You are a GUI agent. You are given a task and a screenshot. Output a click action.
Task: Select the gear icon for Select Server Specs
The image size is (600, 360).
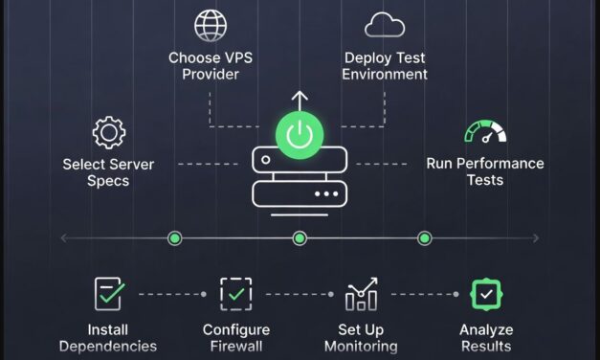[108, 132]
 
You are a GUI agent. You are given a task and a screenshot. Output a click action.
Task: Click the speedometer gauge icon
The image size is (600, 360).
[484, 132]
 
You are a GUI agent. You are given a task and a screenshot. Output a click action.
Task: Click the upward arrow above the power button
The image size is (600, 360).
[300, 100]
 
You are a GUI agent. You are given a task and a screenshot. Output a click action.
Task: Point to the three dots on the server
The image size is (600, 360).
[326, 192]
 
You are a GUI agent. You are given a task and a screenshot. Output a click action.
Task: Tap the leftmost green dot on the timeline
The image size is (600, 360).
[174, 237]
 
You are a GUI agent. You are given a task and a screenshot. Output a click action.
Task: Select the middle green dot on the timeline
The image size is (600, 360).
[300, 237]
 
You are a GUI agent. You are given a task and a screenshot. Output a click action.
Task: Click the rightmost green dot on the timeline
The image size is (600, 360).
[425, 237]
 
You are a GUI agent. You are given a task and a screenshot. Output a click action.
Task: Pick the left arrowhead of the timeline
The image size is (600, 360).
[63, 237]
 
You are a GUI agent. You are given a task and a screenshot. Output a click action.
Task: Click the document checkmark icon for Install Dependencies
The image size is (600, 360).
[108, 294]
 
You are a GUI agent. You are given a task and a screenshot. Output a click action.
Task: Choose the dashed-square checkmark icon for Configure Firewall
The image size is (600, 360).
[234, 294]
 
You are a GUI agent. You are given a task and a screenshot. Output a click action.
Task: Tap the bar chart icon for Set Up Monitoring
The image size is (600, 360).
[361, 294]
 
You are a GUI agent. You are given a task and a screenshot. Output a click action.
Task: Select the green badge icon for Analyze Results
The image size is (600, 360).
[485, 294]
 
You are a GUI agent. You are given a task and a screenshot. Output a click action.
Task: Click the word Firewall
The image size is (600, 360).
[235, 347]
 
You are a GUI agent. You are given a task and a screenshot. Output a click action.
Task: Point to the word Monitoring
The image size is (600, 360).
[361, 347]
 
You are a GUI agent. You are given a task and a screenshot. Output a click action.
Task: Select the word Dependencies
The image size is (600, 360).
[108, 347]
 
